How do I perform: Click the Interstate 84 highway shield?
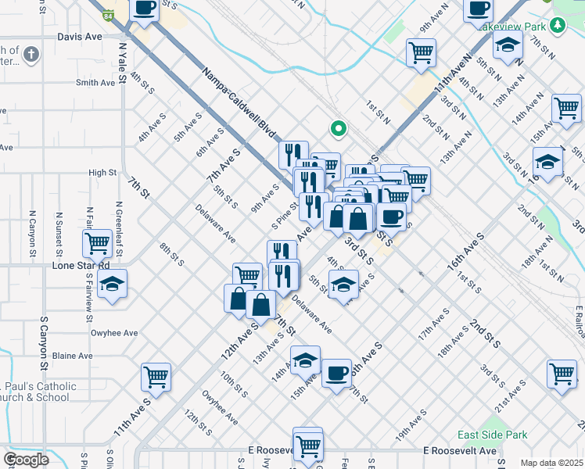click(x=107, y=15)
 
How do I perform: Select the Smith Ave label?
click(x=95, y=83)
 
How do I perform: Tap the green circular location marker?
click(x=339, y=128)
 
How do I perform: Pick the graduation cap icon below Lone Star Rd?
click(x=113, y=285)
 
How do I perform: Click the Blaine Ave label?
click(x=73, y=356)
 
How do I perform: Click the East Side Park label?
click(x=493, y=435)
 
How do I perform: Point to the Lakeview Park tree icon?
click(x=557, y=27)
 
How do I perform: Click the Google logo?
click(x=26, y=460)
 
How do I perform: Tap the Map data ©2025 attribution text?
click(x=551, y=463)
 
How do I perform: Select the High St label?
click(x=102, y=173)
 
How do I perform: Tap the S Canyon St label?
click(x=44, y=344)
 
